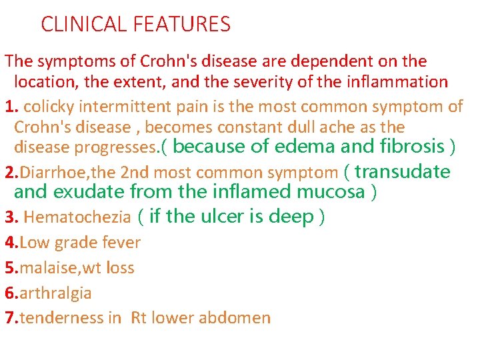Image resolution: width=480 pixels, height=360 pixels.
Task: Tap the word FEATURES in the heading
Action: [x=181, y=25]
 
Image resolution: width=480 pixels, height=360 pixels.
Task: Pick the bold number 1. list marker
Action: [x=10, y=105]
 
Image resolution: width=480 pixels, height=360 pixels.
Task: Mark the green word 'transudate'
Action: [x=403, y=171]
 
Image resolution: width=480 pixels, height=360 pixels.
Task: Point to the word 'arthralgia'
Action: [x=56, y=293]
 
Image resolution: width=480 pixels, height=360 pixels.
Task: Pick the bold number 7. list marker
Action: [x=10, y=318]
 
